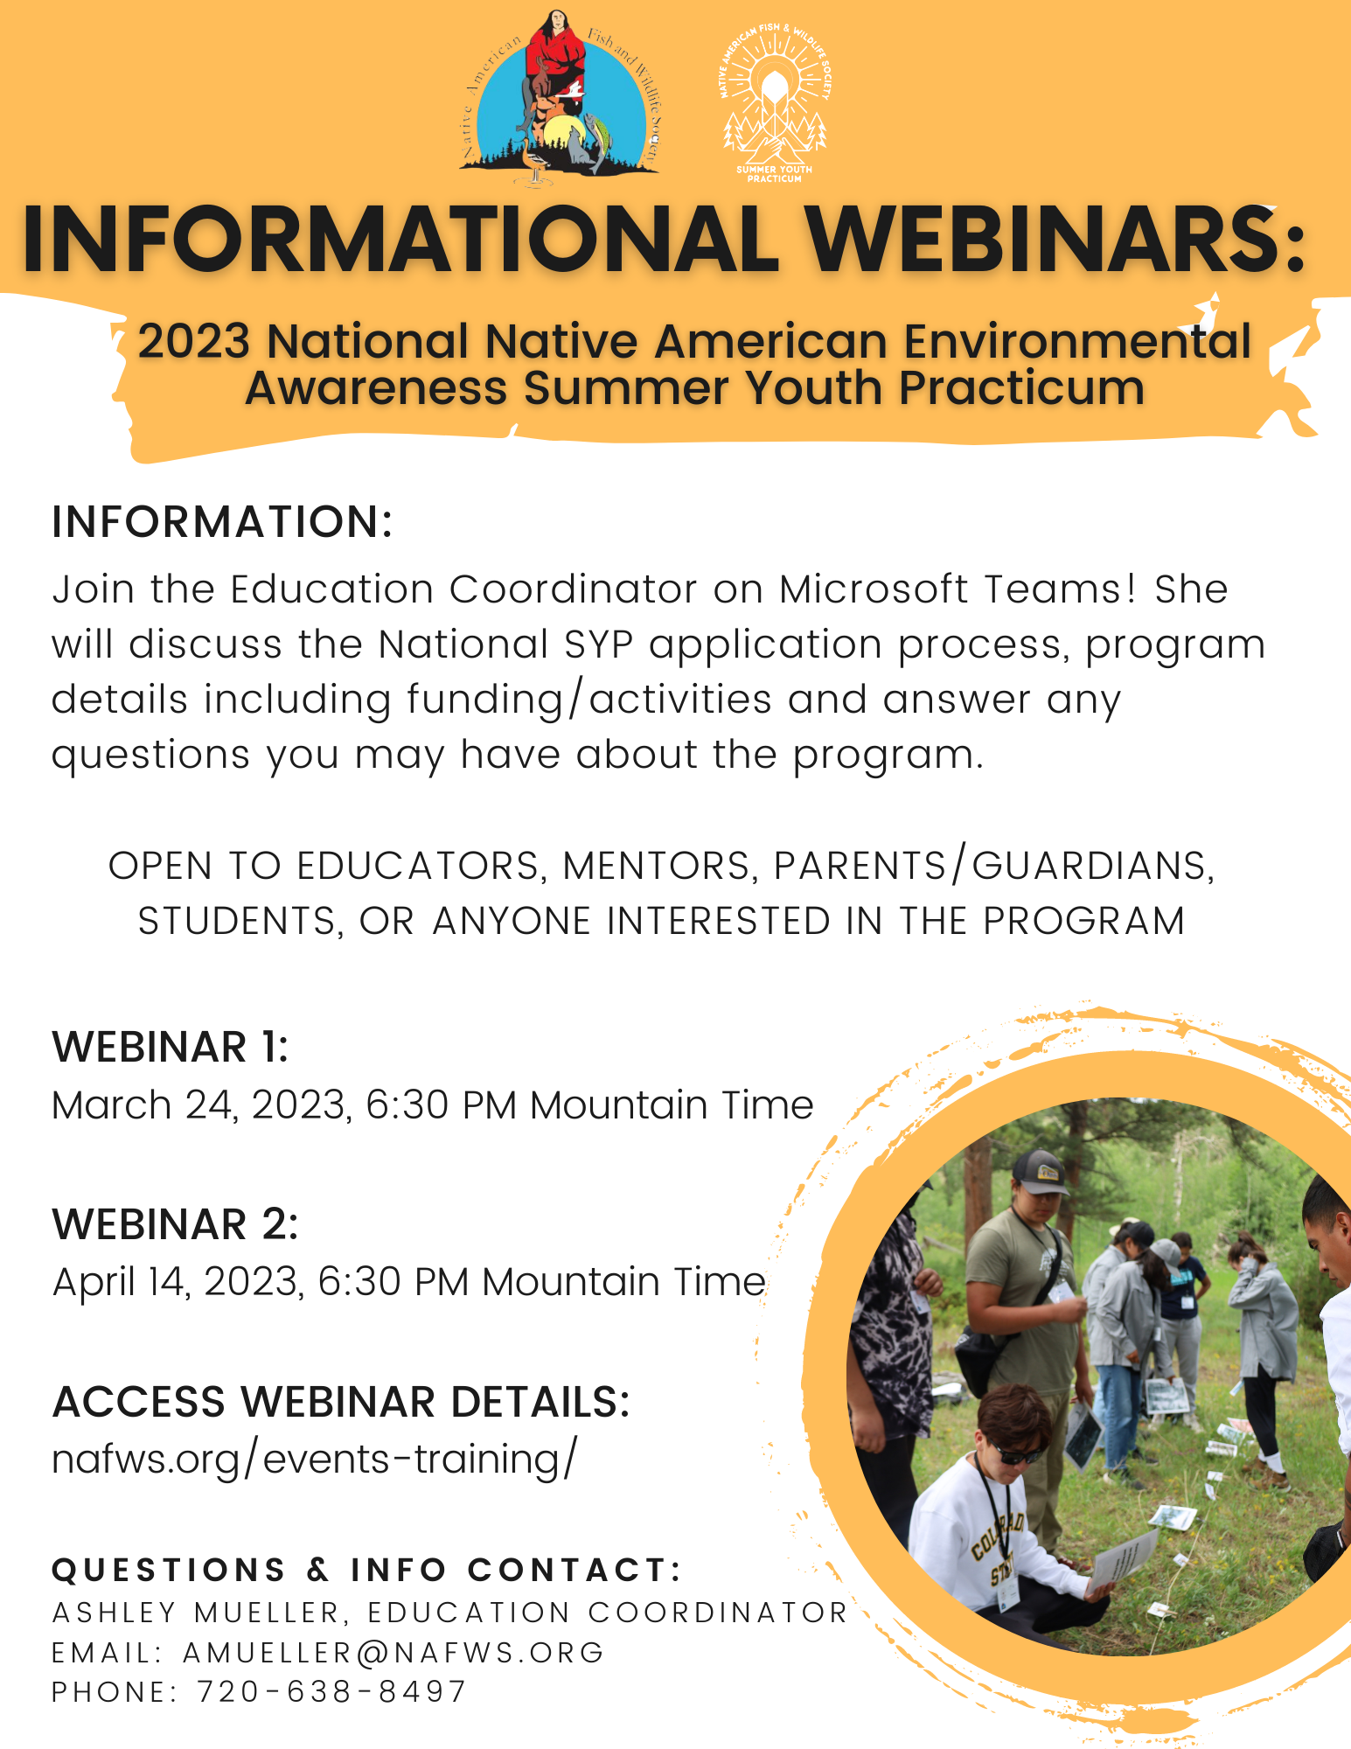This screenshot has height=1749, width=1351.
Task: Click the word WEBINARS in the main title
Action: pyautogui.click(x=1055, y=239)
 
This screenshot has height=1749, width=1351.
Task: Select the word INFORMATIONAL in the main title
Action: pyautogui.click(x=400, y=239)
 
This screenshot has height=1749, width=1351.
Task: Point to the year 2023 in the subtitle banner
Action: pyautogui.click(x=194, y=341)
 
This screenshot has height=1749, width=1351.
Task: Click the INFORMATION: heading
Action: pyautogui.click(x=222, y=522)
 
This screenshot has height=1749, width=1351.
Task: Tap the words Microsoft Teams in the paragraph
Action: pyautogui.click(x=958, y=589)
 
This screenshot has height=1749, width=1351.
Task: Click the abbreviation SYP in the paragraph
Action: pyautogui.click(x=599, y=645)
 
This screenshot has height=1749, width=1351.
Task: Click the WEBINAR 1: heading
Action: pyautogui.click(x=171, y=1048)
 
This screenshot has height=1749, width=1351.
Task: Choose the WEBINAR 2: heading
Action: pyautogui.click(x=176, y=1224)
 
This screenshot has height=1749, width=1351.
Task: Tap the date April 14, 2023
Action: pyautogui.click(x=178, y=1283)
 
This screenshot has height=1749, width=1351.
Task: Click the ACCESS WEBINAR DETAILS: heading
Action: pyautogui.click(x=341, y=1402)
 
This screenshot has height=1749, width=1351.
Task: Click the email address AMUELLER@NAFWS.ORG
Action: pyautogui.click(x=393, y=1653)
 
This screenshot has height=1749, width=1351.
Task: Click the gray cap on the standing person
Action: pyautogui.click(x=1039, y=1170)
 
